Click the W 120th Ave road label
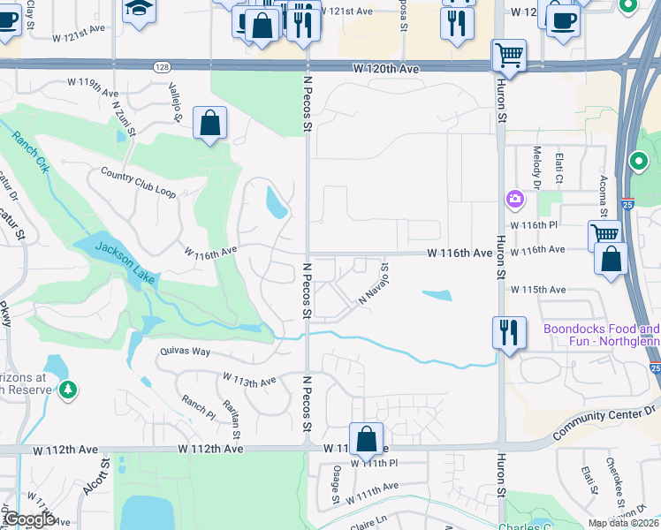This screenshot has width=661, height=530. coord(385,68)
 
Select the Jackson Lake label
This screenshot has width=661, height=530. coord(125,262)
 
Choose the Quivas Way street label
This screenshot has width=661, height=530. coord(185,351)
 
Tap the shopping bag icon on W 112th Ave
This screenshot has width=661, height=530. coord(366,438)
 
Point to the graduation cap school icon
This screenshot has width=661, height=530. coord(139,10)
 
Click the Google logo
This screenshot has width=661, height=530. coord(30,519)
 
